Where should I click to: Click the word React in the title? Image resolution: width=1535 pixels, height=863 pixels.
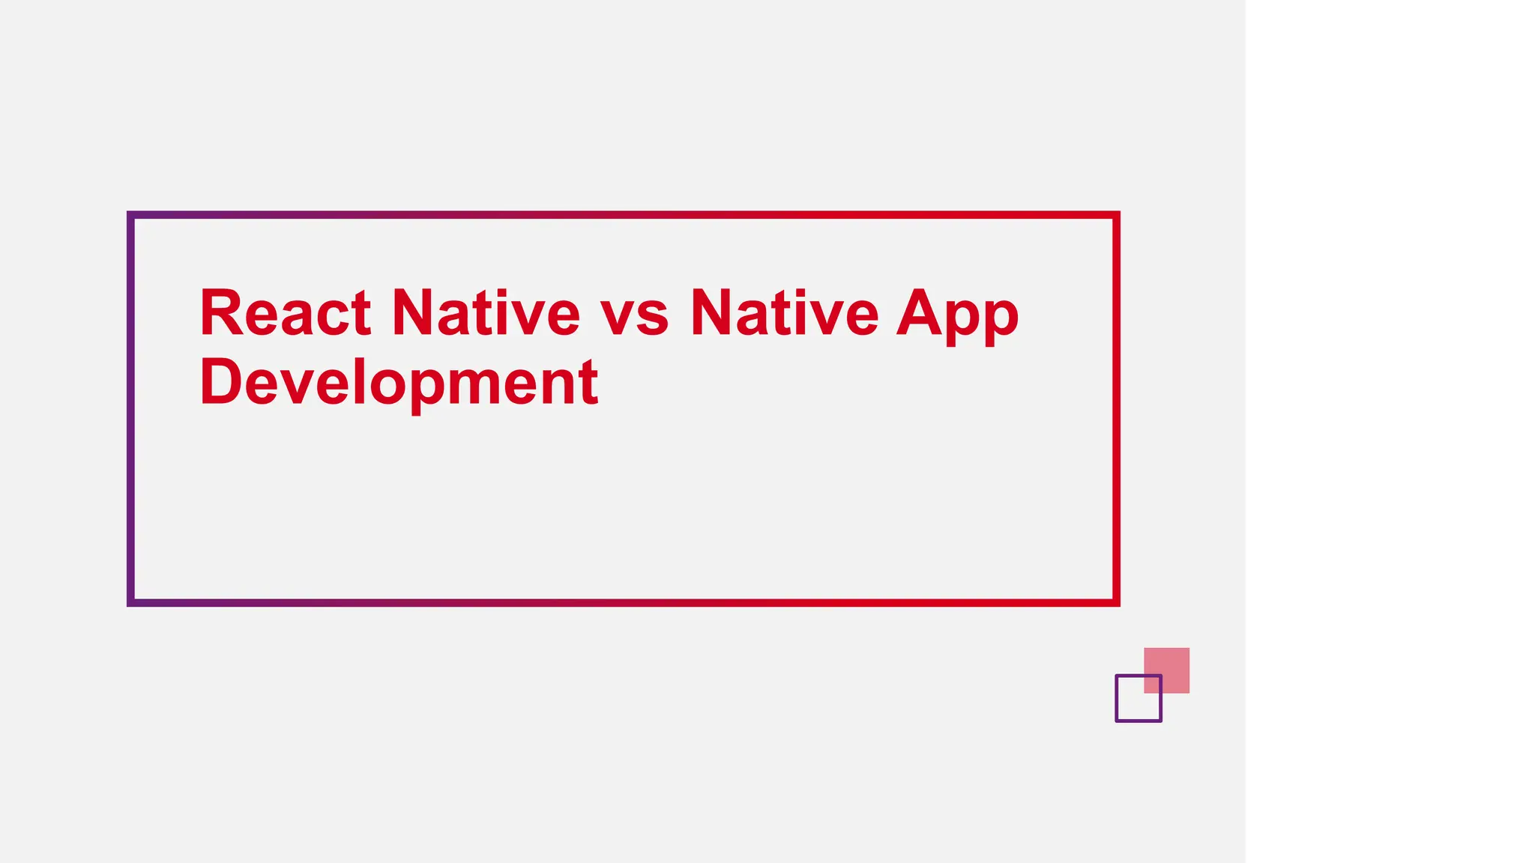[285, 313]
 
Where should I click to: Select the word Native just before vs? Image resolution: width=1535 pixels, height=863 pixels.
[486, 313]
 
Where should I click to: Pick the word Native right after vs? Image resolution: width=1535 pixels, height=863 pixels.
[784, 313]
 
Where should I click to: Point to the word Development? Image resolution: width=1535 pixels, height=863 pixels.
[399, 383]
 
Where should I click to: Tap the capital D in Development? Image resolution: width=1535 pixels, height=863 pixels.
[221, 381]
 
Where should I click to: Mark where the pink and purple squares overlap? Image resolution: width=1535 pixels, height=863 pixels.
[1153, 684]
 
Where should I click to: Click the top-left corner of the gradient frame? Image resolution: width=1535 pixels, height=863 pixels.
[130, 215]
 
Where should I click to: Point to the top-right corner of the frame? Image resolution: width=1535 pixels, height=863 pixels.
[1116, 215]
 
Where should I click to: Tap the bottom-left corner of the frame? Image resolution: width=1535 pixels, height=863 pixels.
[130, 602]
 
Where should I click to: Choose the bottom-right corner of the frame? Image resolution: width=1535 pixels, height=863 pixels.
[1116, 602]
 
